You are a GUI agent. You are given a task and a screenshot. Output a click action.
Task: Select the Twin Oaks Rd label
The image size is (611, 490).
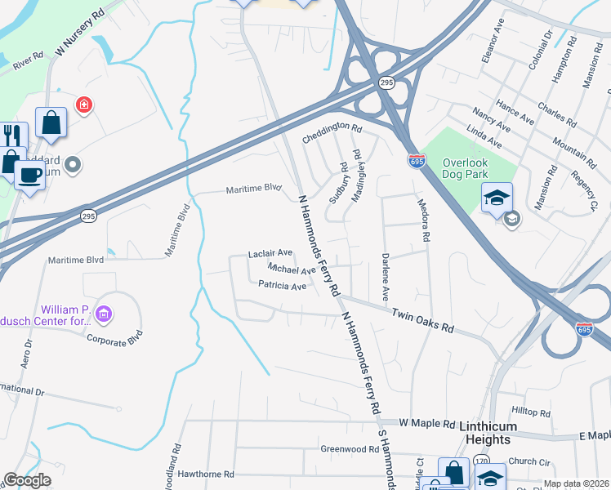point(422,319)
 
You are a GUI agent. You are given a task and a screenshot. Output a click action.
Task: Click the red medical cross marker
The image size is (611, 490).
point(83,105)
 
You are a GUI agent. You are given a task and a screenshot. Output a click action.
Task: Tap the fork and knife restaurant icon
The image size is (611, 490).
point(11,135)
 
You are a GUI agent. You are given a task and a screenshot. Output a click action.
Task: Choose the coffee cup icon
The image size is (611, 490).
point(30,174)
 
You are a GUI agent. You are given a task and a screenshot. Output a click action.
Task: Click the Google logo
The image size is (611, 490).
point(27,481)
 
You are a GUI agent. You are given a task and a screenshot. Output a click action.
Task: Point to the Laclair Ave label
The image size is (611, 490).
point(270,254)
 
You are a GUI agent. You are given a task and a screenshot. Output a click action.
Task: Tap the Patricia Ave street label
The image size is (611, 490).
point(282,286)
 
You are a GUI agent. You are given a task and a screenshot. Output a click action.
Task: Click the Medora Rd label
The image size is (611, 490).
point(423,220)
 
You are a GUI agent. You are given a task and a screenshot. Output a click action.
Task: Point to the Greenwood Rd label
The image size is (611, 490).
point(349,448)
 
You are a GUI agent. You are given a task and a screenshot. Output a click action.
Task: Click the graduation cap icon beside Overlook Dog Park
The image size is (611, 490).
point(496,198)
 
